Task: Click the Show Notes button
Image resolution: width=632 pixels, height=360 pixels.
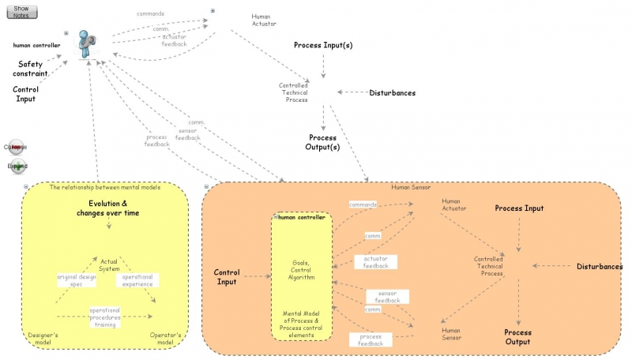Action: [x=21, y=11]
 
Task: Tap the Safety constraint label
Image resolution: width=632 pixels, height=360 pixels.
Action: [x=31, y=69]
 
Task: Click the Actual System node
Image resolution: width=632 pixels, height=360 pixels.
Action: [x=109, y=264]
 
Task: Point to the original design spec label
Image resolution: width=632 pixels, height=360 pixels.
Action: [x=77, y=279]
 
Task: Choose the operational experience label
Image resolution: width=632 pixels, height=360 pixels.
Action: [x=139, y=279]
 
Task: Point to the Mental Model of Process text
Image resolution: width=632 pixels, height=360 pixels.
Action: [x=303, y=324]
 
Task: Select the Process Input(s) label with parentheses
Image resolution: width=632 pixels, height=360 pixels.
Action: [x=323, y=46]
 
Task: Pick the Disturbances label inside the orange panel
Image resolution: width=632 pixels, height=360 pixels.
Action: [x=598, y=267]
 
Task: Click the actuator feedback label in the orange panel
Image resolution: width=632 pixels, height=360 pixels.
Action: [x=375, y=261]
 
